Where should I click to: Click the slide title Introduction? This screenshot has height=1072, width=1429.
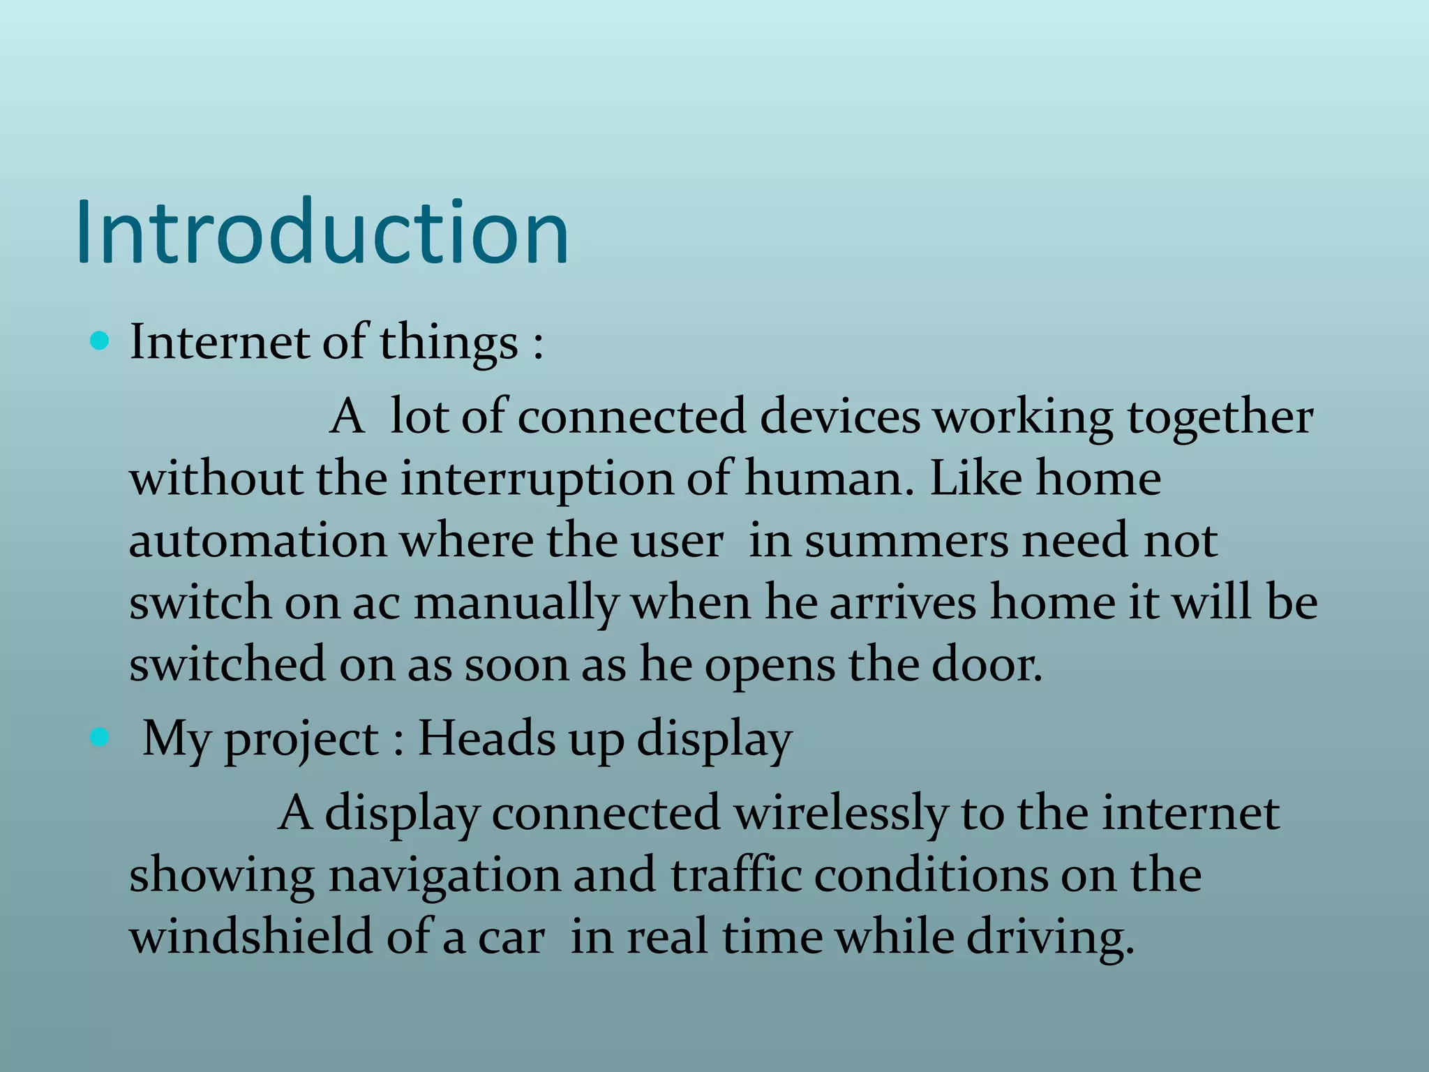[x=322, y=232]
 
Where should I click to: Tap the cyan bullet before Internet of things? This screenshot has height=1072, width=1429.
[x=100, y=341]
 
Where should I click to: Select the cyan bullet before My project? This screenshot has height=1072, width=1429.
[x=100, y=737]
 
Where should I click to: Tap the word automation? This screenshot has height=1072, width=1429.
[x=257, y=541]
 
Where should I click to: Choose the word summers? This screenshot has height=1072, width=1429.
[x=906, y=541]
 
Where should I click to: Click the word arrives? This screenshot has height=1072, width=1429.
[x=902, y=602]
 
